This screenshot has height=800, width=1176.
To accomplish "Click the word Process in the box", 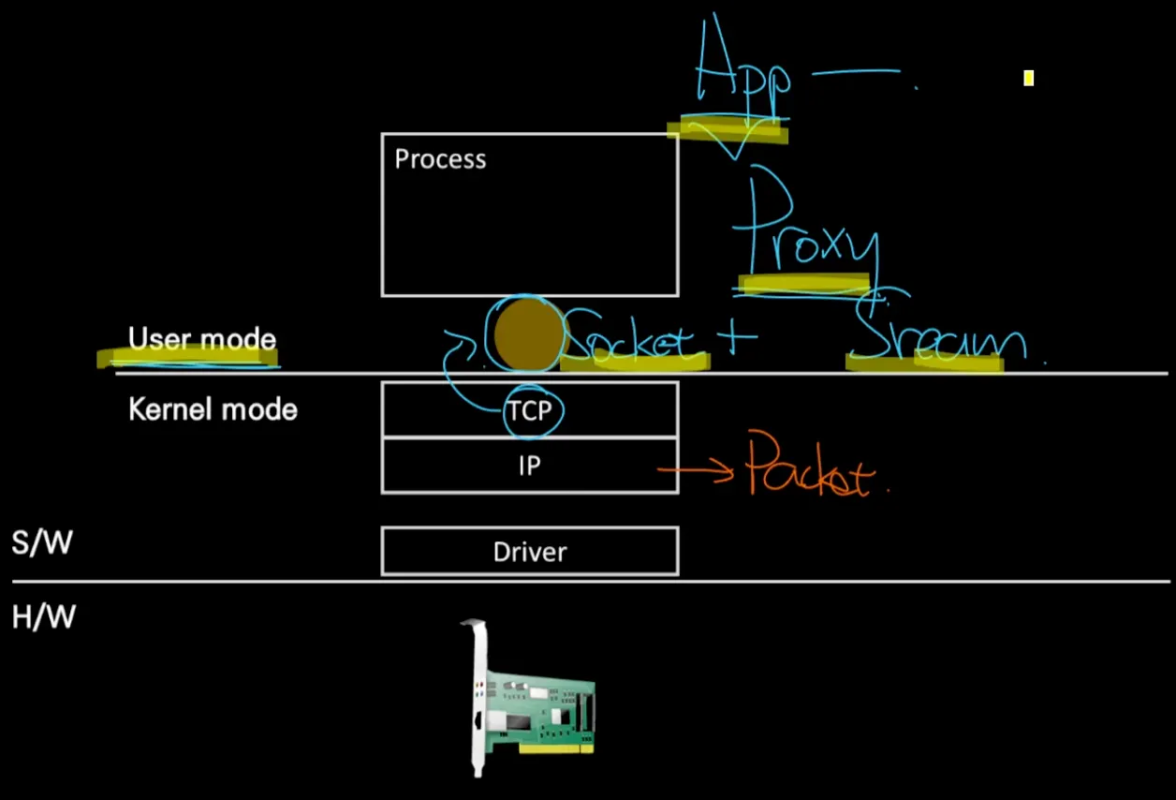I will pyautogui.click(x=440, y=159).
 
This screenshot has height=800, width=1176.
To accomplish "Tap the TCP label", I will pyautogui.click(x=530, y=410).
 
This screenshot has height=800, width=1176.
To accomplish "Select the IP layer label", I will pyautogui.click(x=530, y=466).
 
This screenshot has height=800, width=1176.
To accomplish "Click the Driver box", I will pyautogui.click(x=530, y=552).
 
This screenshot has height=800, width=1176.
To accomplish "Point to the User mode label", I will pyautogui.click(x=202, y=339).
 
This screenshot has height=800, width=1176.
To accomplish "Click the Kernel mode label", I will pyautogui.click(x=213, y=409).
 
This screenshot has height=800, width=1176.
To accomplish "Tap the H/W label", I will pyautogui.click(x=43, y=617).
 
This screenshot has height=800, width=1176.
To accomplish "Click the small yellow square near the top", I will pyautogui.click(x=1028, y=79).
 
